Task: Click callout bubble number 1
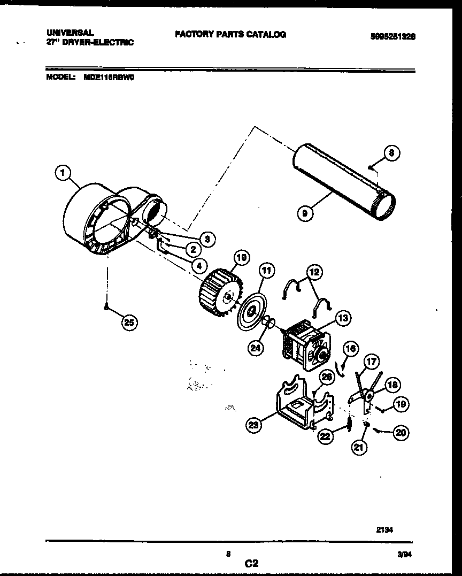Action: [64, 173]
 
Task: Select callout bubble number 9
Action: [305, 213]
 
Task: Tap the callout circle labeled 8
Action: [391, 153]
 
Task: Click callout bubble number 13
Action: [343, 319]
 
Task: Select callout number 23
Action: [253, 426]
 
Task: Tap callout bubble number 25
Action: [129, 322]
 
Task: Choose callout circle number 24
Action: [256, 348]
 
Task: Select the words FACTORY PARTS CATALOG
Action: [230, 34]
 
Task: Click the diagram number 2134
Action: [384, 530]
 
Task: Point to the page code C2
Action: [252, 563]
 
